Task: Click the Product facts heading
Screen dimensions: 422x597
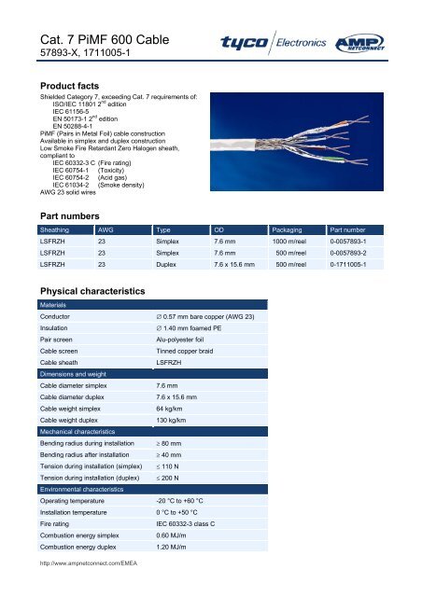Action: [x=64, y=84]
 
